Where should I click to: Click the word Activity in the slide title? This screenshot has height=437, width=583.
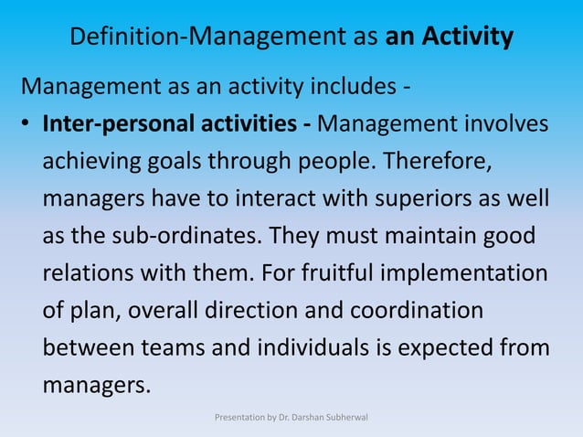(467, 37)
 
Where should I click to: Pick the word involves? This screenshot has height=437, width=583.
(503, 123)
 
